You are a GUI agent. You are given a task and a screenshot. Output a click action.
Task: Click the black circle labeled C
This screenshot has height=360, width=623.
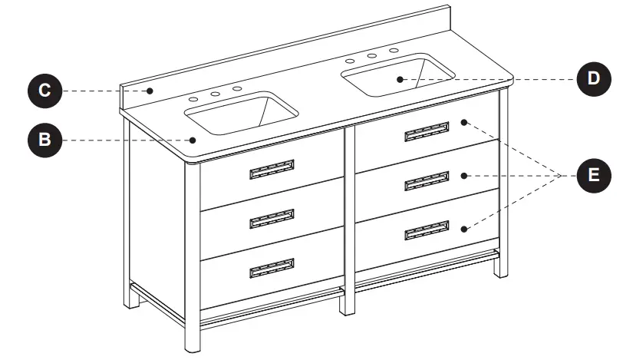click(x=45, y=91)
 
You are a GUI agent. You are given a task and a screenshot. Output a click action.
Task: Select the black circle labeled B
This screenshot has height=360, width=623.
click(x=45, y=140)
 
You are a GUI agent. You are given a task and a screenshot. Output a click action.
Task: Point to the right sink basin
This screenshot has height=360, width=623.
click(x=397, y=75)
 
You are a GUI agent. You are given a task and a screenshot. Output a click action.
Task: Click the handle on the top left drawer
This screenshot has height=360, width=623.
click(x=272, y=170)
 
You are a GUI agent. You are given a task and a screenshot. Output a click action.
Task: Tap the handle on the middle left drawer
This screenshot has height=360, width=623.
click(x=272, y=220)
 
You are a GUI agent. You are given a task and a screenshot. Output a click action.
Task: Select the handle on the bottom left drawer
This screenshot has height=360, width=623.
click(x=272, y=268)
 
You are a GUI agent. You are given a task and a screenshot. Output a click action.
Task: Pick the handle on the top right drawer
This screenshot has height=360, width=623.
click(x=427, y=131)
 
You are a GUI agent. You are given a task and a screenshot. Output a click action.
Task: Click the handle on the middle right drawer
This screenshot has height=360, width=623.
click(x=427, y=181)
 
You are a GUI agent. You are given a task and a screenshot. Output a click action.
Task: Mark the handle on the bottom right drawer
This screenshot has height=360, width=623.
click(x=427, y=230)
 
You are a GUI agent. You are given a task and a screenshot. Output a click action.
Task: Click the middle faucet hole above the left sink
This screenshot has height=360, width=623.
click(x=216, y=94)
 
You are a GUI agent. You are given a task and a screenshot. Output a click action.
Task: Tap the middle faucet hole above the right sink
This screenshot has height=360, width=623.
click(x=371, y=55)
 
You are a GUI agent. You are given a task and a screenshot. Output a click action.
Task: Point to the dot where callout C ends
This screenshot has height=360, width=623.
click(x=151, y=91)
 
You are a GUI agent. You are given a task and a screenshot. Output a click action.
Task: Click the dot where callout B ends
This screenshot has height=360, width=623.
click(x=195, y=140)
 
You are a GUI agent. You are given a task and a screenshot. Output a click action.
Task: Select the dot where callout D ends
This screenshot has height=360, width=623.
click(x=400, y=78)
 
